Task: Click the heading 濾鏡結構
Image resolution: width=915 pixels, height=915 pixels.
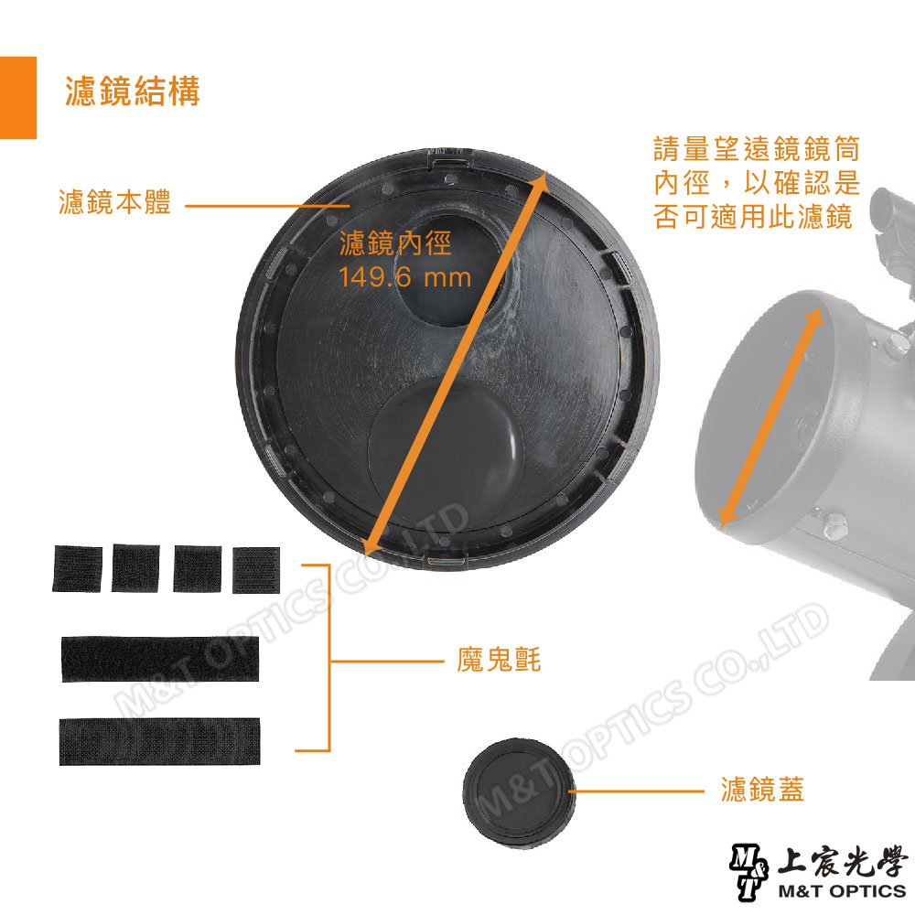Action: [x=133, y=92]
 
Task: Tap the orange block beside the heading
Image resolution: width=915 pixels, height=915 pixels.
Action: [x=18, y=97]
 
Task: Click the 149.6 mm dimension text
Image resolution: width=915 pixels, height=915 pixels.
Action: [x=404, y=276]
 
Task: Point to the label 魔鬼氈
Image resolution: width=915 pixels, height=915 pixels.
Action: [x=499, y=660]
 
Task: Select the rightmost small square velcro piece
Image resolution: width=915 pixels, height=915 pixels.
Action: [x=255, y=569]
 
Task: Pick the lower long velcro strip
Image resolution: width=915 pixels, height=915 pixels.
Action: [x=159, y=740]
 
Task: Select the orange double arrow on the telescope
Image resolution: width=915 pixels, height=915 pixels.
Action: [x=770, y=416]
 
